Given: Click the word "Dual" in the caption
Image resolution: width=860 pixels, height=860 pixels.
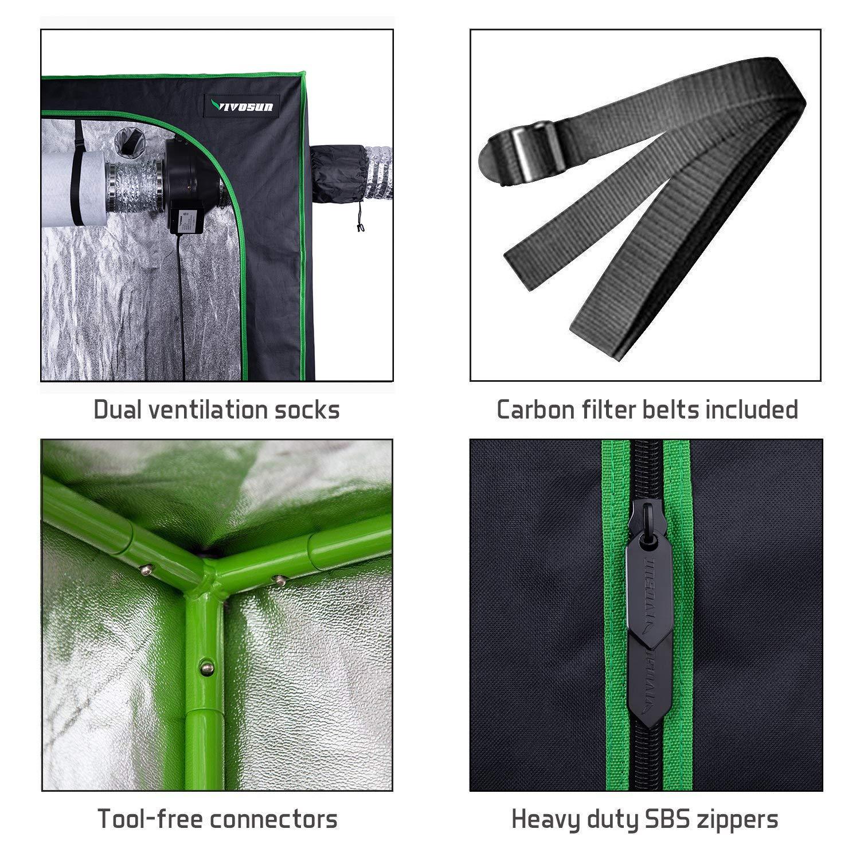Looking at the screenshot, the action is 119,410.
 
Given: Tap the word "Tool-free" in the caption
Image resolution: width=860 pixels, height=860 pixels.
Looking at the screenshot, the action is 150,818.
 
